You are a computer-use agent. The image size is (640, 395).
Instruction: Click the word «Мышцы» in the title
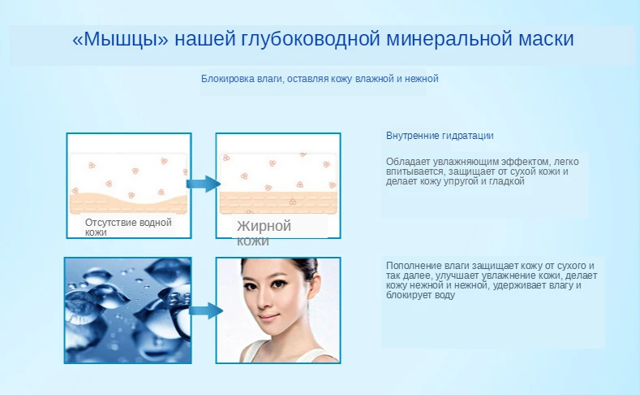(120, 39)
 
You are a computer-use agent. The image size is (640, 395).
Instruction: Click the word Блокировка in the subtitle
(227, 79)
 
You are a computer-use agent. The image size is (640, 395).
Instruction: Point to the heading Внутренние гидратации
(440, 136)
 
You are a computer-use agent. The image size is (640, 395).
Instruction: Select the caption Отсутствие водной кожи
(128, 228)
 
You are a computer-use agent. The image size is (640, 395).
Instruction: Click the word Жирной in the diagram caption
(264, 226)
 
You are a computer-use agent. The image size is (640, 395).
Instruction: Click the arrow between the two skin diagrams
(204, 184)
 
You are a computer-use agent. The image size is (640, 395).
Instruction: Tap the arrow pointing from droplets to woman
(206, 310)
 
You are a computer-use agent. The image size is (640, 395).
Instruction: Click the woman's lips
(268, 317)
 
